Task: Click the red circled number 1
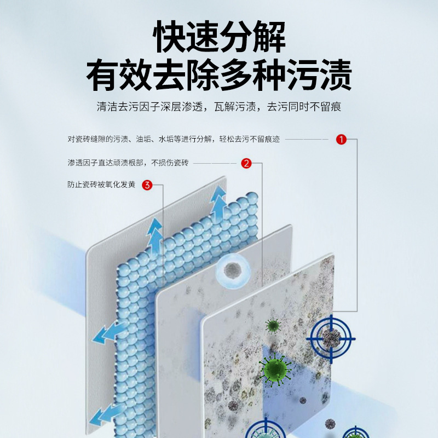click(x=341, y=140)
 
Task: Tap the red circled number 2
click(x=246, y=163)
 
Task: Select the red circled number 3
click(x=147, y=185)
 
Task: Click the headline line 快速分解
click(x=219, y=37)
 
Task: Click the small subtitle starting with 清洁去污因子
click(x=219, y=107)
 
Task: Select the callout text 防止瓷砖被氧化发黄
click(x=101, y=185)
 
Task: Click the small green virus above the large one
click(x=273, y=326)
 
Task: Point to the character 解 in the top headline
click(x=269, y=37)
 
